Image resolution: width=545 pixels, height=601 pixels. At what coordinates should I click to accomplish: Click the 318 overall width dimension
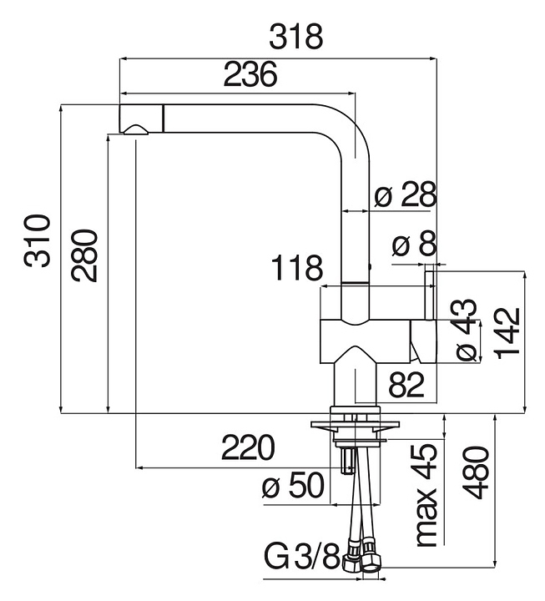(x=295, y=37)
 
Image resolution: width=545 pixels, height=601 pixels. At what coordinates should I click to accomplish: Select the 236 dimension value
(x=250, y=75)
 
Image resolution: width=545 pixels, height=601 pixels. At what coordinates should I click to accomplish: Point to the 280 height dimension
(x=85, y=255)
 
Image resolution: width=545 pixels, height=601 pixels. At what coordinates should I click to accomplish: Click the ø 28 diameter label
(x=406, y=195)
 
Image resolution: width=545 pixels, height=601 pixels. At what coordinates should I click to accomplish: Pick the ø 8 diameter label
(x=414, y=245)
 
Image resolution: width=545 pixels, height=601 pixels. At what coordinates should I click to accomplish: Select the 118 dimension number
(x=296, y=269)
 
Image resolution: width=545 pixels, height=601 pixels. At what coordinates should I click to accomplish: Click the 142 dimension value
(x=508, y=332)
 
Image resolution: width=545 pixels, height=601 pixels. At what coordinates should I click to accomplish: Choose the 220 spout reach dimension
(x=248, y=448)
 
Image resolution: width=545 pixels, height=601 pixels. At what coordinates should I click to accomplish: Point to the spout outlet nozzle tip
(x=134, y=129)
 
